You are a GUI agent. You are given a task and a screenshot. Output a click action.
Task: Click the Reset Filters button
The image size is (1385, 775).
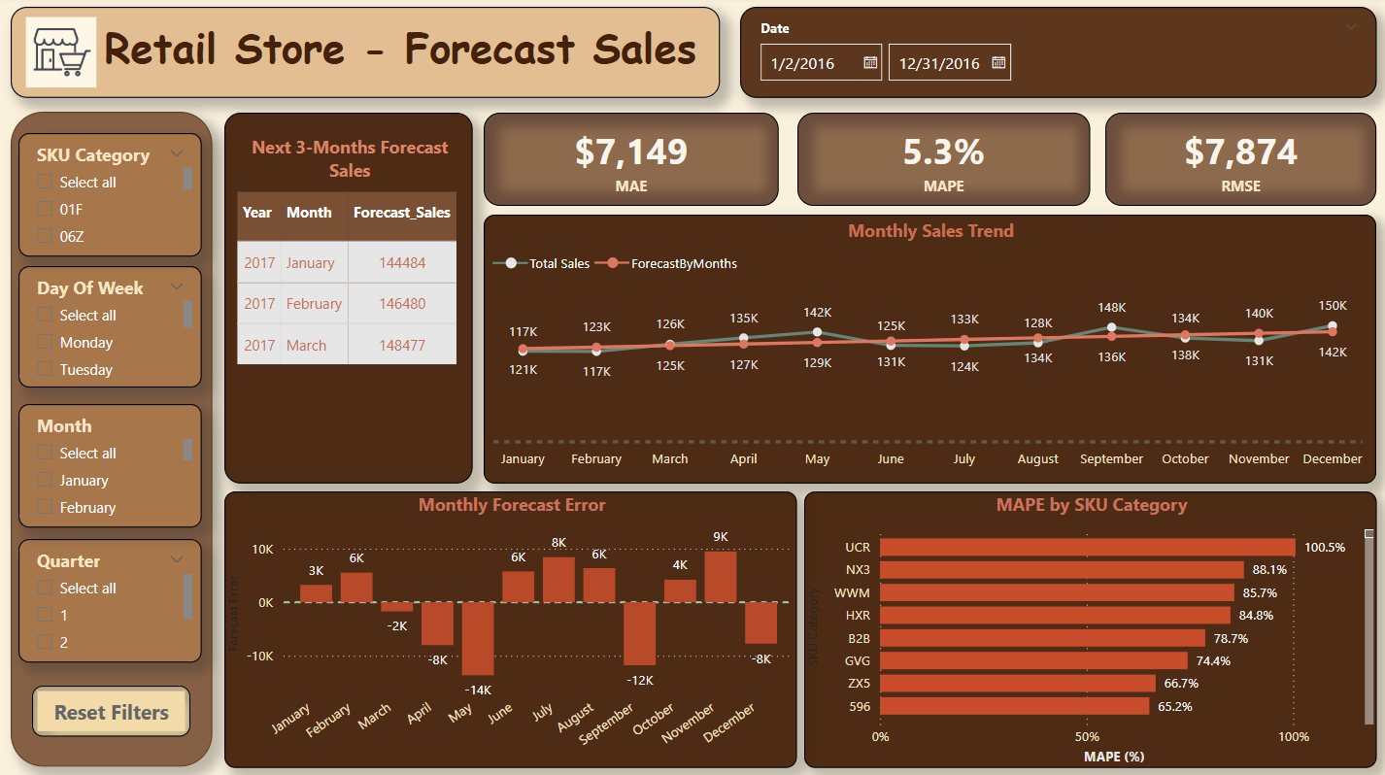pos(112,713)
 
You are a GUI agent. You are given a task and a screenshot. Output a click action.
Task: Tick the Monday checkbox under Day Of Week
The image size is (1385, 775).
pos(44,342)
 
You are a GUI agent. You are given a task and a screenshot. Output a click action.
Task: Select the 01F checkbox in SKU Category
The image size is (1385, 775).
pos(44,209)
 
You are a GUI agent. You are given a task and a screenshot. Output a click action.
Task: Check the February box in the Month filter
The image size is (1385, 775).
pos(44,507)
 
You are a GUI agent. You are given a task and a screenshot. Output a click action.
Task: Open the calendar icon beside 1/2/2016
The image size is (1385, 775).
pos(870,63)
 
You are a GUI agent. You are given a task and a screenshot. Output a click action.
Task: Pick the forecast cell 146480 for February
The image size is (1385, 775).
pos(402,304)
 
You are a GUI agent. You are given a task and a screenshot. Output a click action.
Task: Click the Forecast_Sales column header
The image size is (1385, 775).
pos(401,213)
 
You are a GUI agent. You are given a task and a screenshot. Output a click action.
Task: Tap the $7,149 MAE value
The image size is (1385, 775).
pos(630,152)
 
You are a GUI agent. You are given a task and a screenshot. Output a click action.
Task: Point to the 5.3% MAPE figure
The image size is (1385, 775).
pos(942,152)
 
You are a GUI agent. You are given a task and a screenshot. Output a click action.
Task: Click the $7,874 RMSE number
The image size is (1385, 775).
pos(1240,152)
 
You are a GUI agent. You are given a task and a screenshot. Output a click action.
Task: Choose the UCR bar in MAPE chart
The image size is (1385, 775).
pos(1087,548)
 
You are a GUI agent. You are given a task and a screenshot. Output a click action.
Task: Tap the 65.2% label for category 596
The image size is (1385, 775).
pos(1174,707)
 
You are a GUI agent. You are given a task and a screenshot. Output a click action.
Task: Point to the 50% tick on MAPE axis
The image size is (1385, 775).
pos(1087,736)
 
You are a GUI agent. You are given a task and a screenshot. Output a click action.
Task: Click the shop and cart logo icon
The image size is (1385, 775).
pos(60,52)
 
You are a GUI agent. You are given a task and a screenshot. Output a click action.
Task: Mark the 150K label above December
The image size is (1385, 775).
pos(1333,306)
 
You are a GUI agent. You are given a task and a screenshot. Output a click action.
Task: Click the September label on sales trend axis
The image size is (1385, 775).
pos(1111,459)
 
